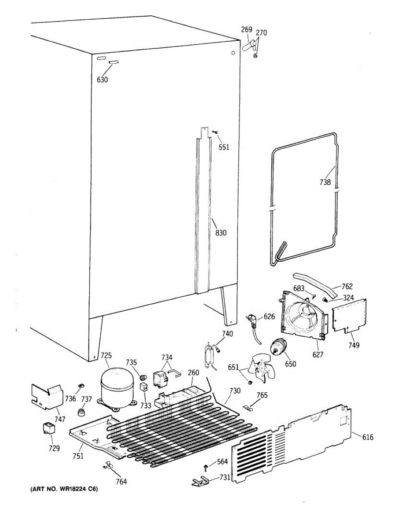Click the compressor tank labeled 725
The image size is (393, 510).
tap(116, 387)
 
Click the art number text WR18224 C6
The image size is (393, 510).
tap(64, 490)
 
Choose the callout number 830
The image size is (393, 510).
tap(221, 232)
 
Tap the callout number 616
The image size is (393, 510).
tap(368, 436)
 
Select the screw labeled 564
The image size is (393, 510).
tap(206, 467)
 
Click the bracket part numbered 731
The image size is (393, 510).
tap(201, 481)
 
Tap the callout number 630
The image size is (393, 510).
tap(102, 79)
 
